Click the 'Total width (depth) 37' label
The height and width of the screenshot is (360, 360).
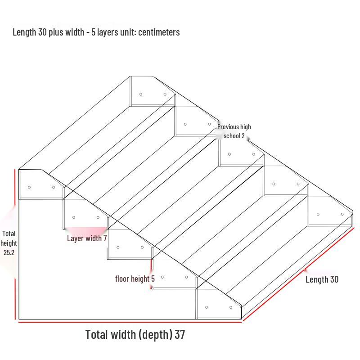coord(135,334)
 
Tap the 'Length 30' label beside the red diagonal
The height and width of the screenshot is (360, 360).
coord(322,279)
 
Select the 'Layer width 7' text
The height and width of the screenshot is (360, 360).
coord(87,238)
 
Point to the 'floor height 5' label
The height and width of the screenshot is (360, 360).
coord(135,279)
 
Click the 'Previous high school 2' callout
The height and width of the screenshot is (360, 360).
coord(234,131)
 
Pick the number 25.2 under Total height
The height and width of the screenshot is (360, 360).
coord(9,252)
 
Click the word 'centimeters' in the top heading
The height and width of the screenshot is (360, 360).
coord(159,32)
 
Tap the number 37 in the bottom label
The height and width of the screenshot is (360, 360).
coord(180,334)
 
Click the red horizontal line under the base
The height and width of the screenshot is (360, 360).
coord(130,322)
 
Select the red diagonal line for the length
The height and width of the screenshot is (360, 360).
coord(298,274)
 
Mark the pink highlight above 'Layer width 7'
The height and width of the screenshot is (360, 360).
coord(86,230)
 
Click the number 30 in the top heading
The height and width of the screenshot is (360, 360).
coord(42,32)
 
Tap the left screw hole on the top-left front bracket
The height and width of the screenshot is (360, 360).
coord(29,187)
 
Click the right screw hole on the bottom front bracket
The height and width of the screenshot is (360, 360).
coord(231,307)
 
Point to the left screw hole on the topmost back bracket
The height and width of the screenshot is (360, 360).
coord(141,94)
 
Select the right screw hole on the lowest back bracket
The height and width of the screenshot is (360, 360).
coord(342,214)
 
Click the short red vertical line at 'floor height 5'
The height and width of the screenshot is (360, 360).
coord(151,274)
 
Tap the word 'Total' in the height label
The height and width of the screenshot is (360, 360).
coord(9,234)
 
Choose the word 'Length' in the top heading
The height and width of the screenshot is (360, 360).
coord(24,32)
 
